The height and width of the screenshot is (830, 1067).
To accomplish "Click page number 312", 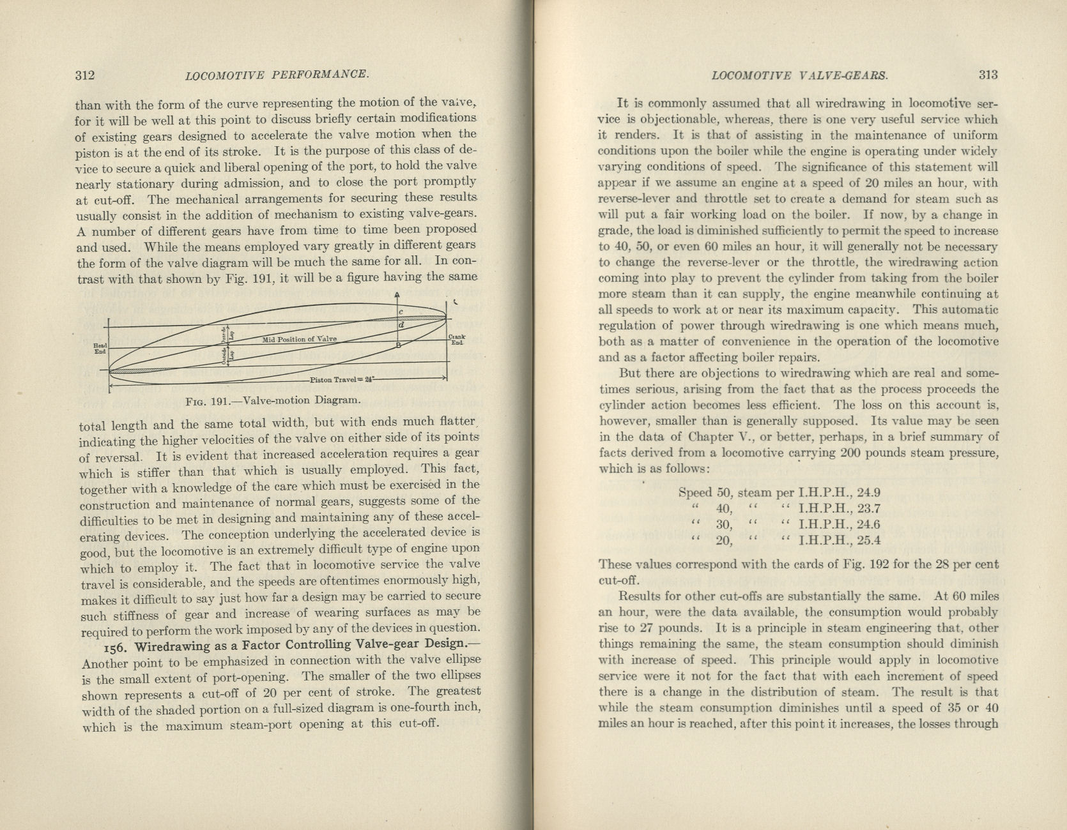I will pos(85,75).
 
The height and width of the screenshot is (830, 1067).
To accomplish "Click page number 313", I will pos(988,75).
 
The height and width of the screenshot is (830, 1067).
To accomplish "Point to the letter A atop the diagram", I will pos(397,296).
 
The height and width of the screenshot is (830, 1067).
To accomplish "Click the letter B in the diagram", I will pos(399,345).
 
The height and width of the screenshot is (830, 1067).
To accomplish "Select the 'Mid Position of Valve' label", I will pos(300,339).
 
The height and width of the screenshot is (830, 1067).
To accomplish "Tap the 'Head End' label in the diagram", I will pos(100,347).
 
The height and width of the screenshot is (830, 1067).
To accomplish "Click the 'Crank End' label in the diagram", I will pos(457,340).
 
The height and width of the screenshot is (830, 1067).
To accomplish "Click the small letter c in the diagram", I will pos(401,312).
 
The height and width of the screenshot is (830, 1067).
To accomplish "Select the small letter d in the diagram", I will pos(401,326).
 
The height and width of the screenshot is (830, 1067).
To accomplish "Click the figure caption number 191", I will pos(220,402).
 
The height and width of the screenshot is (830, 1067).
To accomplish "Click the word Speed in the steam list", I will pos(695,493).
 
